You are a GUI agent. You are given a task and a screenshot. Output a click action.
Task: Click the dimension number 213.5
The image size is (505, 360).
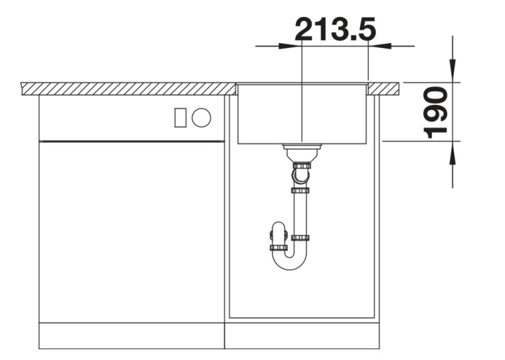click(335, 29)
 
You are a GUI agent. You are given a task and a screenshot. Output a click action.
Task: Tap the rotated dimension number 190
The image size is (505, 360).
click(436, 113)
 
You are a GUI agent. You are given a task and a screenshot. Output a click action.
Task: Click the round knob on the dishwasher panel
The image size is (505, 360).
click(201, 117)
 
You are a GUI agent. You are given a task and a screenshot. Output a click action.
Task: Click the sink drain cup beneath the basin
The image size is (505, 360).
click(302, 152)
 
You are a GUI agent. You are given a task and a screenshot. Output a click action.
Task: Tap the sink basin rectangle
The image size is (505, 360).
click(302, 114)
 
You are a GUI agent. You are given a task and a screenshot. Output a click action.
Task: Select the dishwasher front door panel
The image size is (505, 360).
click(131, 231)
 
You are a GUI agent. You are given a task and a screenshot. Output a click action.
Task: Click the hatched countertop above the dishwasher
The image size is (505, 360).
click(126, 88)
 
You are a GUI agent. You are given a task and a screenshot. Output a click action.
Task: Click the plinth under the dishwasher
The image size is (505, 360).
click(131, 335)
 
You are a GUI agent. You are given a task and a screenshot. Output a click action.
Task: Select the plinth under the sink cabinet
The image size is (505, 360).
click(302, 335)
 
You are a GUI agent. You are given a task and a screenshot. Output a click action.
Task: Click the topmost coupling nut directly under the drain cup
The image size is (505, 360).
click(301, 165)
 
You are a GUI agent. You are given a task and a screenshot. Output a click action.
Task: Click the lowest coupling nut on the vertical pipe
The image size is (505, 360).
click(300, 238)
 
